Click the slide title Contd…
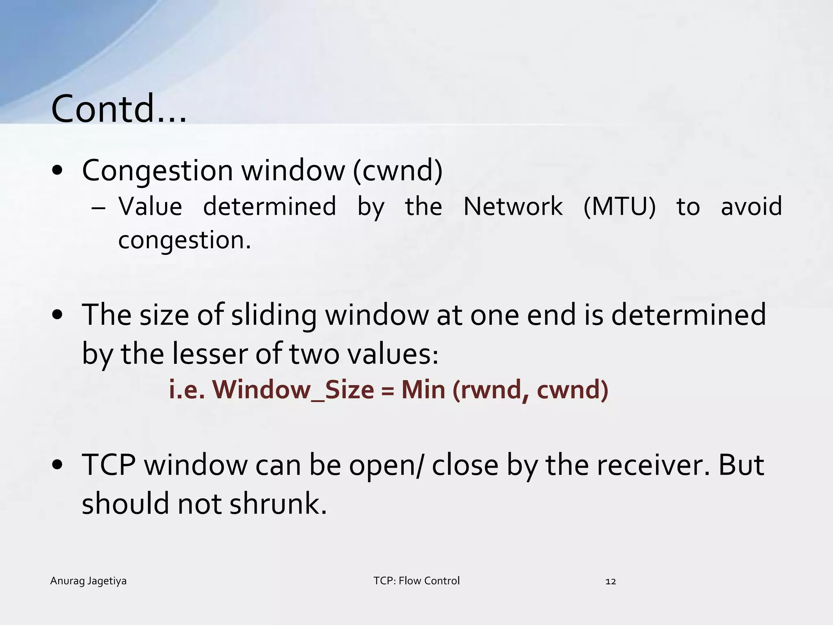119,109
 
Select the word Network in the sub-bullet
513,206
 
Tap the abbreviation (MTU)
619,206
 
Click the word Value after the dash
150,206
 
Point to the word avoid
751,206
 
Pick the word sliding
274,315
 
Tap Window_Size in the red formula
293,390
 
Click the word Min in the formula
423,390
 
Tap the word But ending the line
741,465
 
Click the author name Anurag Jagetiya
88,581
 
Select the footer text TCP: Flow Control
416,581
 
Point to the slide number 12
611,581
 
